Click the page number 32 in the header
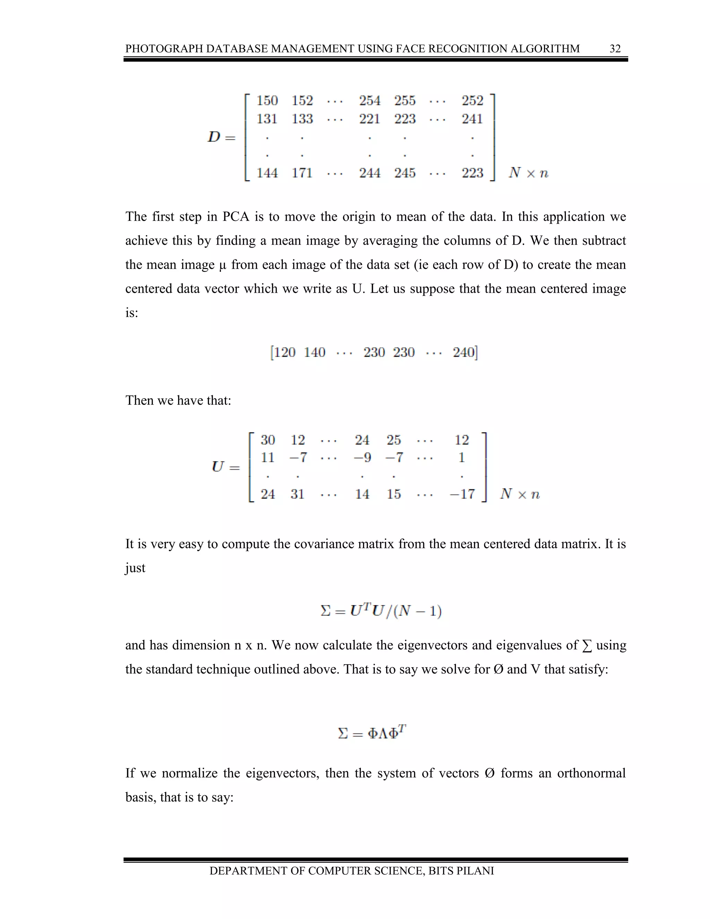point(615,49)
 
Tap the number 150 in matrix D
point(267,101)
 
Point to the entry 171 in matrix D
point(302,173)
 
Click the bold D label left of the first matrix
point(214,137)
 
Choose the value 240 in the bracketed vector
point(464,352)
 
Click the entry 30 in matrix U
point(268,440)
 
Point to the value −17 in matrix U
point(462,494)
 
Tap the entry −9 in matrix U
point(362,457)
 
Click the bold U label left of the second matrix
point(218,467)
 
